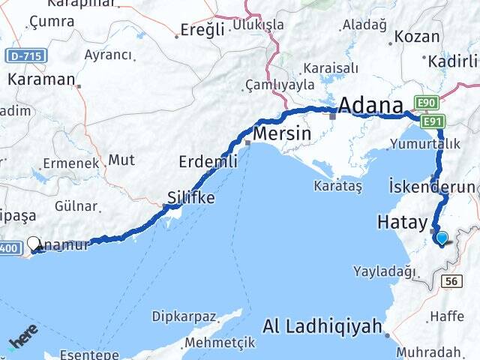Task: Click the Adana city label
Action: (x=371, y=106)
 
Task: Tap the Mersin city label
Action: (x=282, y=133)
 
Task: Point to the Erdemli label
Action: (x=208, y=160)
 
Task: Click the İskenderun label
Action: (x=432, y=186)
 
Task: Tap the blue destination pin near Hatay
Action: (x=442, y=239)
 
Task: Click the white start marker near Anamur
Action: (x=34, y=242)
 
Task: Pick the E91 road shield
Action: (x=433, y=121)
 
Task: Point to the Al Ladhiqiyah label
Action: (x=323, y=326)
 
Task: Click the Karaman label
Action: (x=41, y=79)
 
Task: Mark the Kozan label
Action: (x=417, y=36)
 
